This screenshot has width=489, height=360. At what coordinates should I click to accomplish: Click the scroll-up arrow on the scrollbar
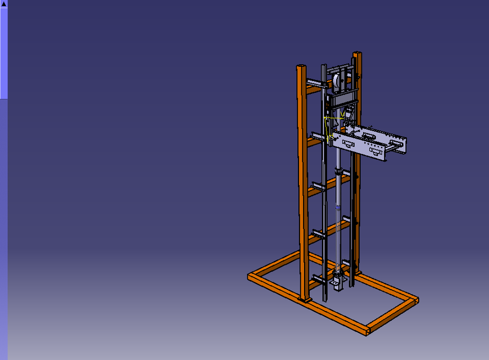[x=3, y=3]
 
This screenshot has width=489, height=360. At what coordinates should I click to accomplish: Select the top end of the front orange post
[x=301, y=67]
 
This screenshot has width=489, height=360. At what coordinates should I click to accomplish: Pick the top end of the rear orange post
[x=357, y=55]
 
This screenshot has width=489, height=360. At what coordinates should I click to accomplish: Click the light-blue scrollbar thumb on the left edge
[x=3, y=53]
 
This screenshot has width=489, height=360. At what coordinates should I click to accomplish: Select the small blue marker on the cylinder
[x=337, y=207]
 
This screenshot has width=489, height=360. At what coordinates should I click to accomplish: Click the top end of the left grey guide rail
[x=324, y=67]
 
